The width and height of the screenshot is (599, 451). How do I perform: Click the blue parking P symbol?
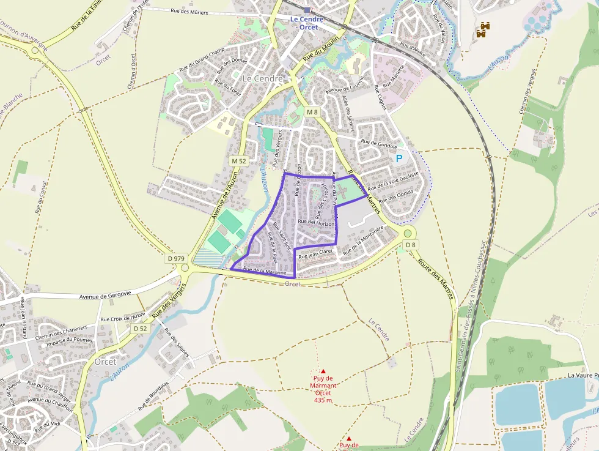click(x=399, y=158)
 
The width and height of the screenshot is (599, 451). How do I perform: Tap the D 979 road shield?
click(x=175, y=259)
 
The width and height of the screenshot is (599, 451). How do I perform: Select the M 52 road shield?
click(x=238, y=160)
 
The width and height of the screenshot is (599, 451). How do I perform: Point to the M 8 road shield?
click(x=312, y=112)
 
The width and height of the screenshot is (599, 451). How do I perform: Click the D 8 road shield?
click(x=411, y=245)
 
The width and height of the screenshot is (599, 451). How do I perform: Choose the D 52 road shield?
click(x=140, y=329)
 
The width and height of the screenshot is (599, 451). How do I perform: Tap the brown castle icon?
click(x=483, y=29)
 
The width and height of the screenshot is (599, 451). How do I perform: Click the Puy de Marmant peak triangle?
click(x=323, y=371)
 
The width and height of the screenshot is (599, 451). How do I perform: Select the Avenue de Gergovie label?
click(x=105, y=296)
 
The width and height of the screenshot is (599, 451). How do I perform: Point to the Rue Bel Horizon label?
click(x=316, y=222)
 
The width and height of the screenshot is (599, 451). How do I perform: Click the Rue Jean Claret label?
click(x=315, y=253)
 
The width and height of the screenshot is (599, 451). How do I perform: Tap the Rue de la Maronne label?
click(x=265, y=270)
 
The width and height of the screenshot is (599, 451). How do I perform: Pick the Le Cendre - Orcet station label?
click(x=307, y=23)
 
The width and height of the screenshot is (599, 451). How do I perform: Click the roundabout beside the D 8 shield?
click(x=408, y=233)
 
